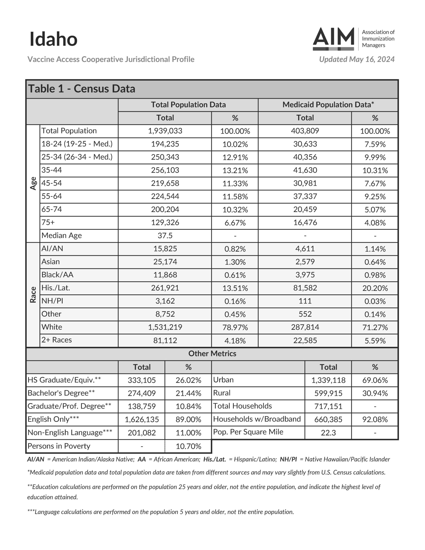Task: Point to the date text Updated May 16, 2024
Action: click(x=356, y=60)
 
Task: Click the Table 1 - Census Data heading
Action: click(x=82, y=89)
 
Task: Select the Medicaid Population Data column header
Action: click(x=328, y=105)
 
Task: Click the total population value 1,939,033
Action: click(x=165, y=131)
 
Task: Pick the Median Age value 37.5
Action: click(x=165, y=236)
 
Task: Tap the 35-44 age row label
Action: click(x=52, y=170)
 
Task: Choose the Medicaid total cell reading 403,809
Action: click(x=305, y=131)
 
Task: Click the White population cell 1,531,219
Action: click(x=165, y=327)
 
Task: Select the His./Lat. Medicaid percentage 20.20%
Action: click(x=375, y=288)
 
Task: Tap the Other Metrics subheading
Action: click(x=212, y=354)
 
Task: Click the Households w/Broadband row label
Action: click(x=257, y=419)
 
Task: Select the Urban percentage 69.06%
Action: click(x=375, y=380)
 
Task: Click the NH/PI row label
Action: click(x=52, y=301)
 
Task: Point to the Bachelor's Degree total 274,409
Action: click(x=142, y=393)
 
